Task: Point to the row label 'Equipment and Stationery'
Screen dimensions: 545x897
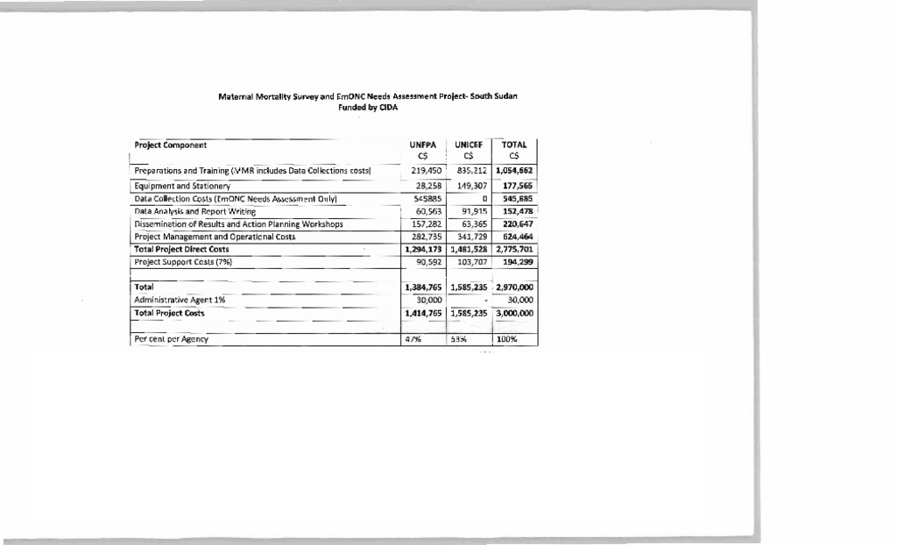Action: tap(182, 186)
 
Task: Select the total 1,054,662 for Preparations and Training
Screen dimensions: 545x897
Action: tap(514, 170)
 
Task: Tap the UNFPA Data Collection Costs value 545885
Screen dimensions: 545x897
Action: tap(424, 199)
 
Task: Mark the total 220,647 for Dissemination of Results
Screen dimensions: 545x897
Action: tap(517, 224)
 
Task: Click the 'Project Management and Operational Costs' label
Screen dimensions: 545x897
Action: tap(215, 237)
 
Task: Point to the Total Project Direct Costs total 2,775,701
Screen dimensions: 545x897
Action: tap(514, 249)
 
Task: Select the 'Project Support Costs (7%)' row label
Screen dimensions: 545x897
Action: tap(182, 261)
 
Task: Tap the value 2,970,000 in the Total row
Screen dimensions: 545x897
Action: tap(514, 287)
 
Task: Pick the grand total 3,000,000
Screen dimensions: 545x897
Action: tap(514, 313)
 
